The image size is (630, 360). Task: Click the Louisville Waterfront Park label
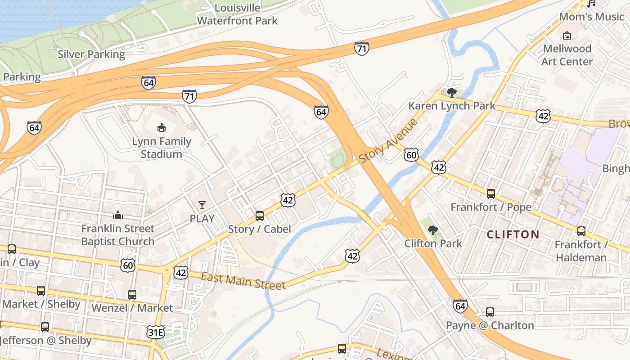coord(237,14)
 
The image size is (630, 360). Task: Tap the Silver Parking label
coord(91,54)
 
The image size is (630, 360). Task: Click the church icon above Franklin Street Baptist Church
coord(118,215)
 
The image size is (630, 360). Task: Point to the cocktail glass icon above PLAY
coord(202,205)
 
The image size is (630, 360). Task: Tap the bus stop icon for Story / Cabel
coord(260,216)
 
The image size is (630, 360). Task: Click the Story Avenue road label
coord(388,141)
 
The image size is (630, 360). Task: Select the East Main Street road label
coord(243,281)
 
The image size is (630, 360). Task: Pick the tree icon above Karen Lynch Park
coord(452,93)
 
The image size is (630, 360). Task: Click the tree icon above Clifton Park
coord(433,230)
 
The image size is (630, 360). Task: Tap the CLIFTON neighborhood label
coord(513,234)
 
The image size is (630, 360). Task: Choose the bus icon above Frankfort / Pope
coord(491,194)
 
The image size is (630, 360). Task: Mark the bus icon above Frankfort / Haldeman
coord(581,231)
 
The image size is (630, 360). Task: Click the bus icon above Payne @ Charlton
coord(490,312)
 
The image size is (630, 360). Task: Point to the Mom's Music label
coord(591,17)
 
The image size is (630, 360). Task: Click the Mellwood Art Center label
coord(567,54)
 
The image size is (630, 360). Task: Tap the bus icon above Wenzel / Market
coord(132,295)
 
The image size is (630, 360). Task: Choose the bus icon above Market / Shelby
coord(41,291)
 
